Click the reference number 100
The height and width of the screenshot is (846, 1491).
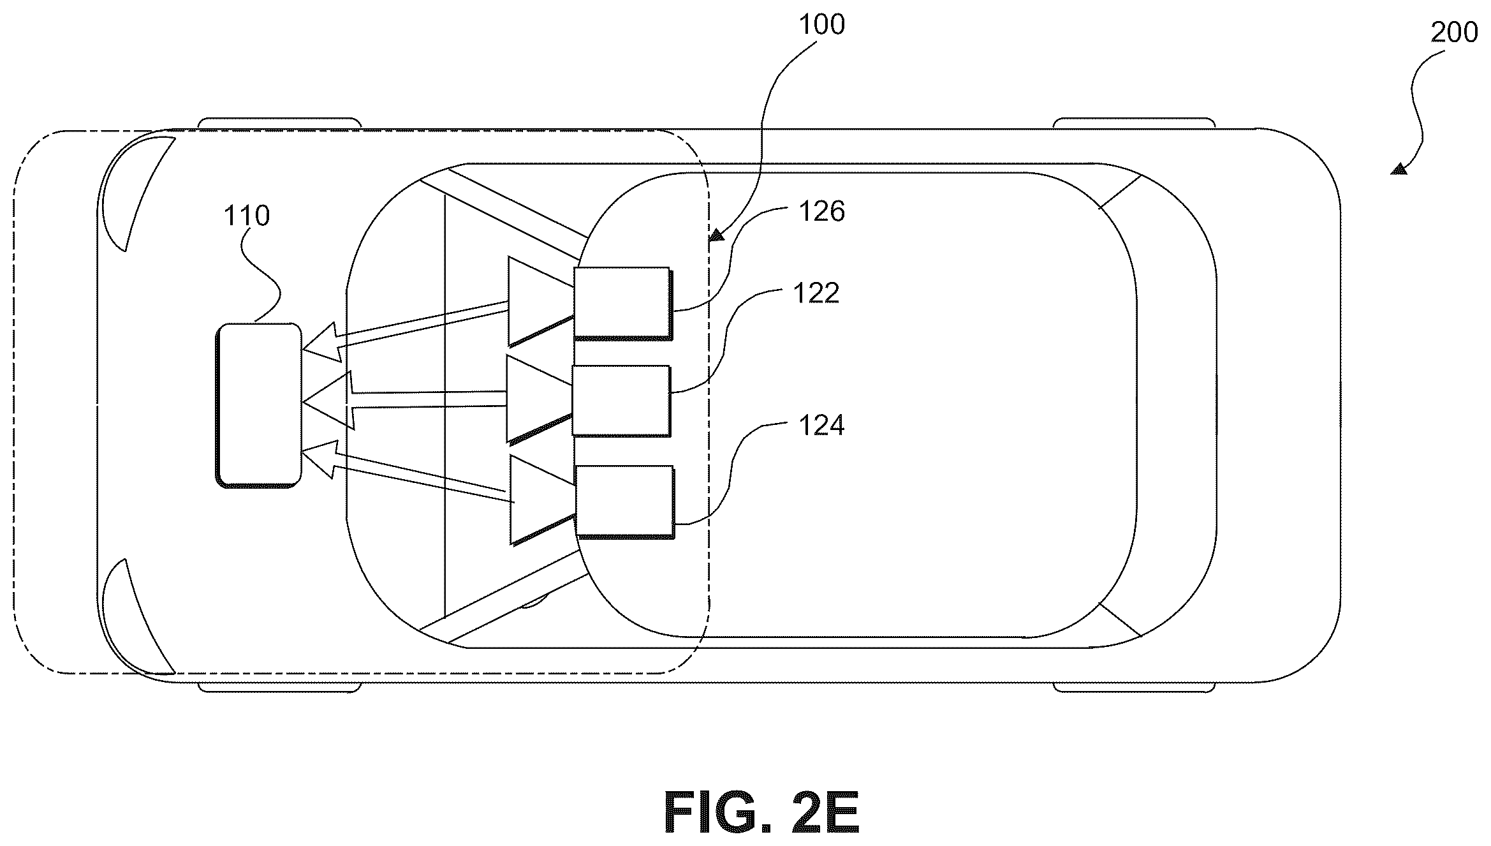click(x=821, y=25)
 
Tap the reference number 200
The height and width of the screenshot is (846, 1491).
click(x=1454, y=33)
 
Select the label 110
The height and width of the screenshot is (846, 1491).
click(x=247, y=216)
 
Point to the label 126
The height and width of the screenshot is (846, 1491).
click(x=821, y=211)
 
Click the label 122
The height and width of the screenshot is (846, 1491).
click(x=816, y=293)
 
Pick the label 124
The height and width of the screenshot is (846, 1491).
click(x=821, y=425)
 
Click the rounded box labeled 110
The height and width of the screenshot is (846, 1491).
click(x=258, y=405)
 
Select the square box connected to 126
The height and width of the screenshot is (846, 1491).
click(x=622, y=303)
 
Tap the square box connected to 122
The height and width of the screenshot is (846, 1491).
click(x=621, y=401)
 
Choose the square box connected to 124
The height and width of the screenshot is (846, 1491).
click(x=624, y=502)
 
